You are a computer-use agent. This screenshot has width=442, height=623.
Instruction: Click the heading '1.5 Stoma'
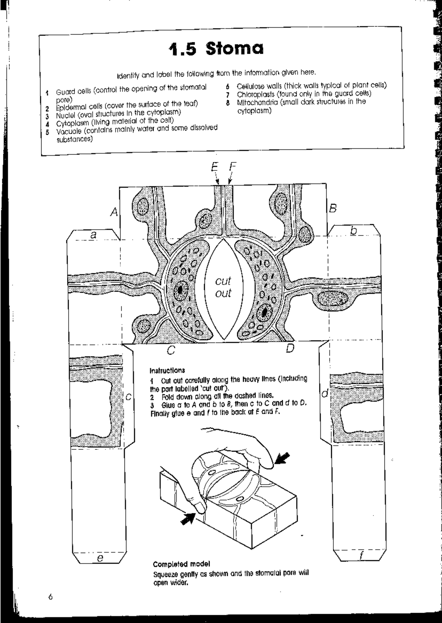(x=216, y=49)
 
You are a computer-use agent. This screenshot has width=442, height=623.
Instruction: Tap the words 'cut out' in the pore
(x=223, y=287)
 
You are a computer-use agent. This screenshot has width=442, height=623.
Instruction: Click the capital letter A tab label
(x=115, y=212)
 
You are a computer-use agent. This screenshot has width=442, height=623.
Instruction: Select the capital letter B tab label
(x=333, y=209)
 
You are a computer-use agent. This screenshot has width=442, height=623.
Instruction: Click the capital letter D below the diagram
(x=290, y=348)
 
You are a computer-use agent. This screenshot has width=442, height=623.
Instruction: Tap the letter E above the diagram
(x=215, y=167)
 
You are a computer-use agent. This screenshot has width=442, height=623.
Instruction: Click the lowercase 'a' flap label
(x=94, y=234)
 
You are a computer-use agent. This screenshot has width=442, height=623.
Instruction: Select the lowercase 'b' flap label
(x=354, y=231)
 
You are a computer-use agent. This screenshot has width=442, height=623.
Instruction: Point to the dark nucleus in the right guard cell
(x=265, y=312)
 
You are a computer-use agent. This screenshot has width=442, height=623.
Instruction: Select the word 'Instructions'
(x=167, y=370)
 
